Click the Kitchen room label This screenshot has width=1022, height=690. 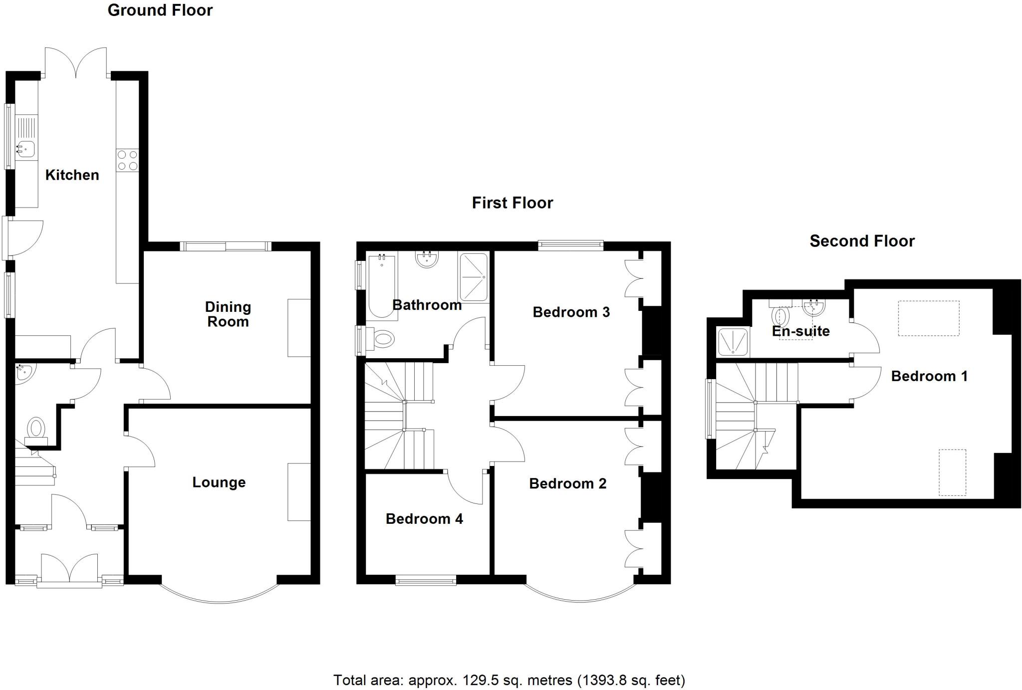tap(72, 175)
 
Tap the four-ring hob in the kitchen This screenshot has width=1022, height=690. tap(127, 161)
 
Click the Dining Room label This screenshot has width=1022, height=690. tap(228, 314)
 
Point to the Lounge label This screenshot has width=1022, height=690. tap(219, 482)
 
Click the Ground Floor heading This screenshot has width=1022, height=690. tap(160, 10)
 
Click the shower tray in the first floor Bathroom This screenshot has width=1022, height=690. tap(473, 277)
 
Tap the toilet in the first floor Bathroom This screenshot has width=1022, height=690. tap(381, 340)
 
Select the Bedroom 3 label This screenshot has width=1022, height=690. tap(571, 312)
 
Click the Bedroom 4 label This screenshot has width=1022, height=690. tap(424, 519)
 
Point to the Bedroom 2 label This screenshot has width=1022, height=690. tap(568, 483)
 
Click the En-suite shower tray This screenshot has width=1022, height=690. tap(733, 342)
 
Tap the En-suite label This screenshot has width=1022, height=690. tap(800, 331)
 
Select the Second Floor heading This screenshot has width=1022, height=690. tap(862, 241)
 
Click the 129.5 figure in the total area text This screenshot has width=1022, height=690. tap(479, 680)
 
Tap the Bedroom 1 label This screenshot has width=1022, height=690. tap(929, 376)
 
